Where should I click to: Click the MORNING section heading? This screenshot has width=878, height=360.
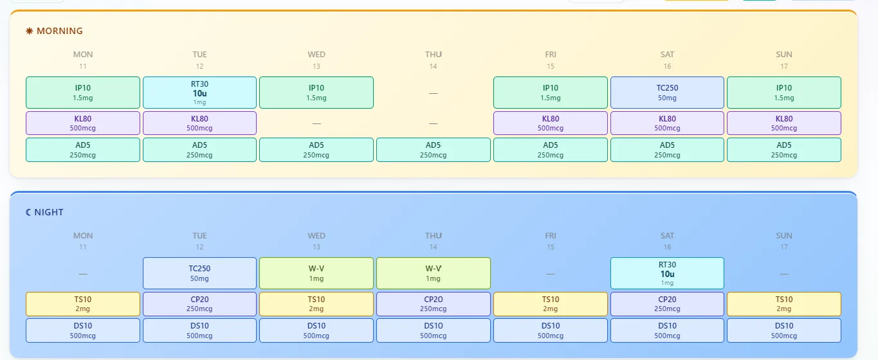[x=60, y=31]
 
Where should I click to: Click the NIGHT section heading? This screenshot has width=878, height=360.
[x=49, y=212]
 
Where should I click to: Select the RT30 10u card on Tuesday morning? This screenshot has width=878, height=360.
[x=199, y=93]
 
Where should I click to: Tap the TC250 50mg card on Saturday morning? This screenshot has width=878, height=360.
[x=667, y=93]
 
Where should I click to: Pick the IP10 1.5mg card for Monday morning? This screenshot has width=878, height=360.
[x=83, y=93]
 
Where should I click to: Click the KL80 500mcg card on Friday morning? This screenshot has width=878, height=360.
[x=551, y=123]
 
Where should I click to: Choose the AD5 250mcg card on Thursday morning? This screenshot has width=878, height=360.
[x=433, y=150]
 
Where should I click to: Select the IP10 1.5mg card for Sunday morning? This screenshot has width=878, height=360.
[x=784, y=93]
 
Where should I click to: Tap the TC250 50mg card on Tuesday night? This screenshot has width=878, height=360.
[x=199, y=273]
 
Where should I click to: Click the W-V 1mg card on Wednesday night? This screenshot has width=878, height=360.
[x=316, y=273]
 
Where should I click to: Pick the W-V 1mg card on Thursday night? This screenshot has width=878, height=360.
[x=433, y=273]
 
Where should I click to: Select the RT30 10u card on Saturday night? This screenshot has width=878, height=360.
[x=667, y=273]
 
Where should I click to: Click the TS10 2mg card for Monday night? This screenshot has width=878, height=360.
[x=83, y=303]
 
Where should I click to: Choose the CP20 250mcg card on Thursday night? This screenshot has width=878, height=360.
[x=433, y=303]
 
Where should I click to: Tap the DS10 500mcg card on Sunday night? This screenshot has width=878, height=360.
[x=784, y=330]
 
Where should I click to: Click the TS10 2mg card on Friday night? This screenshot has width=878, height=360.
[x=551, y=303]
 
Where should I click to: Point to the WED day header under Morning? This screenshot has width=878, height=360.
[x=316, y=55]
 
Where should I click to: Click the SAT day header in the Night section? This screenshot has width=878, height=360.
[x=667, y=236]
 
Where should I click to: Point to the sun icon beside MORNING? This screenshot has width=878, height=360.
[x=30, y=31]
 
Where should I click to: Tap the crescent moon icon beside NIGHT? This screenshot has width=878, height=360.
[x=28, y=212]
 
